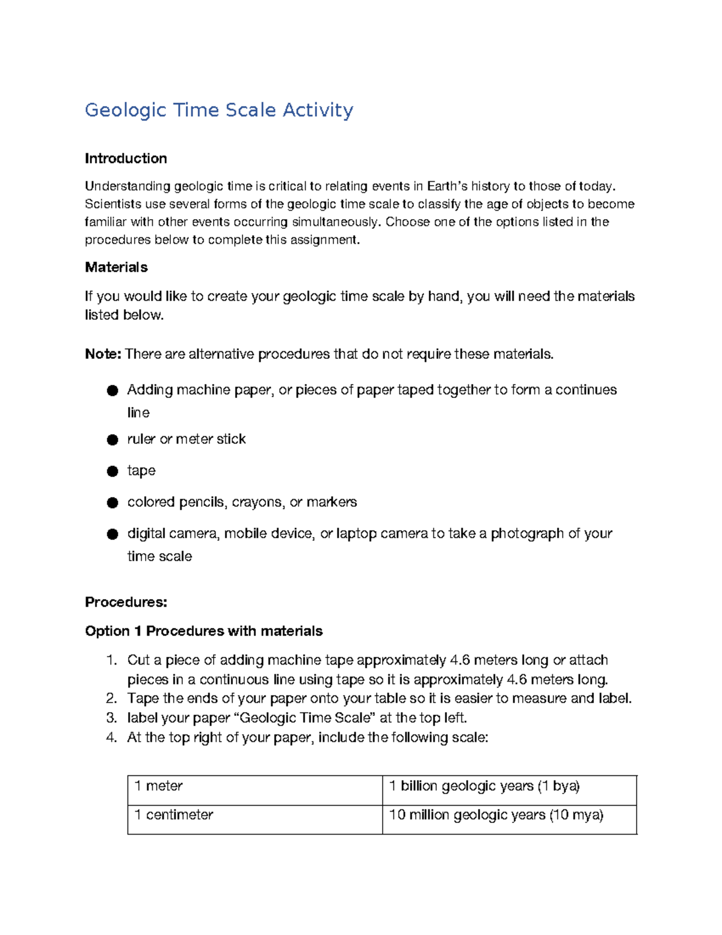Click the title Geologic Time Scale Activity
(x=219, y=110)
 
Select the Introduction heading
(x=126, y=158)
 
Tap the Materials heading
(x=116, y=267)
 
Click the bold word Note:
(x=103, y=354)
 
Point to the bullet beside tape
(x=113, y=471)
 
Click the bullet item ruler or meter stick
(x=187, y=440)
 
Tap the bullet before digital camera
(x=113, y=534)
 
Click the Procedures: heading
(x=126, y=602)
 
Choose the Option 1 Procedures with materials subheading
(x=203, y=631)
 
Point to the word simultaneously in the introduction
(x=336, y=222)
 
